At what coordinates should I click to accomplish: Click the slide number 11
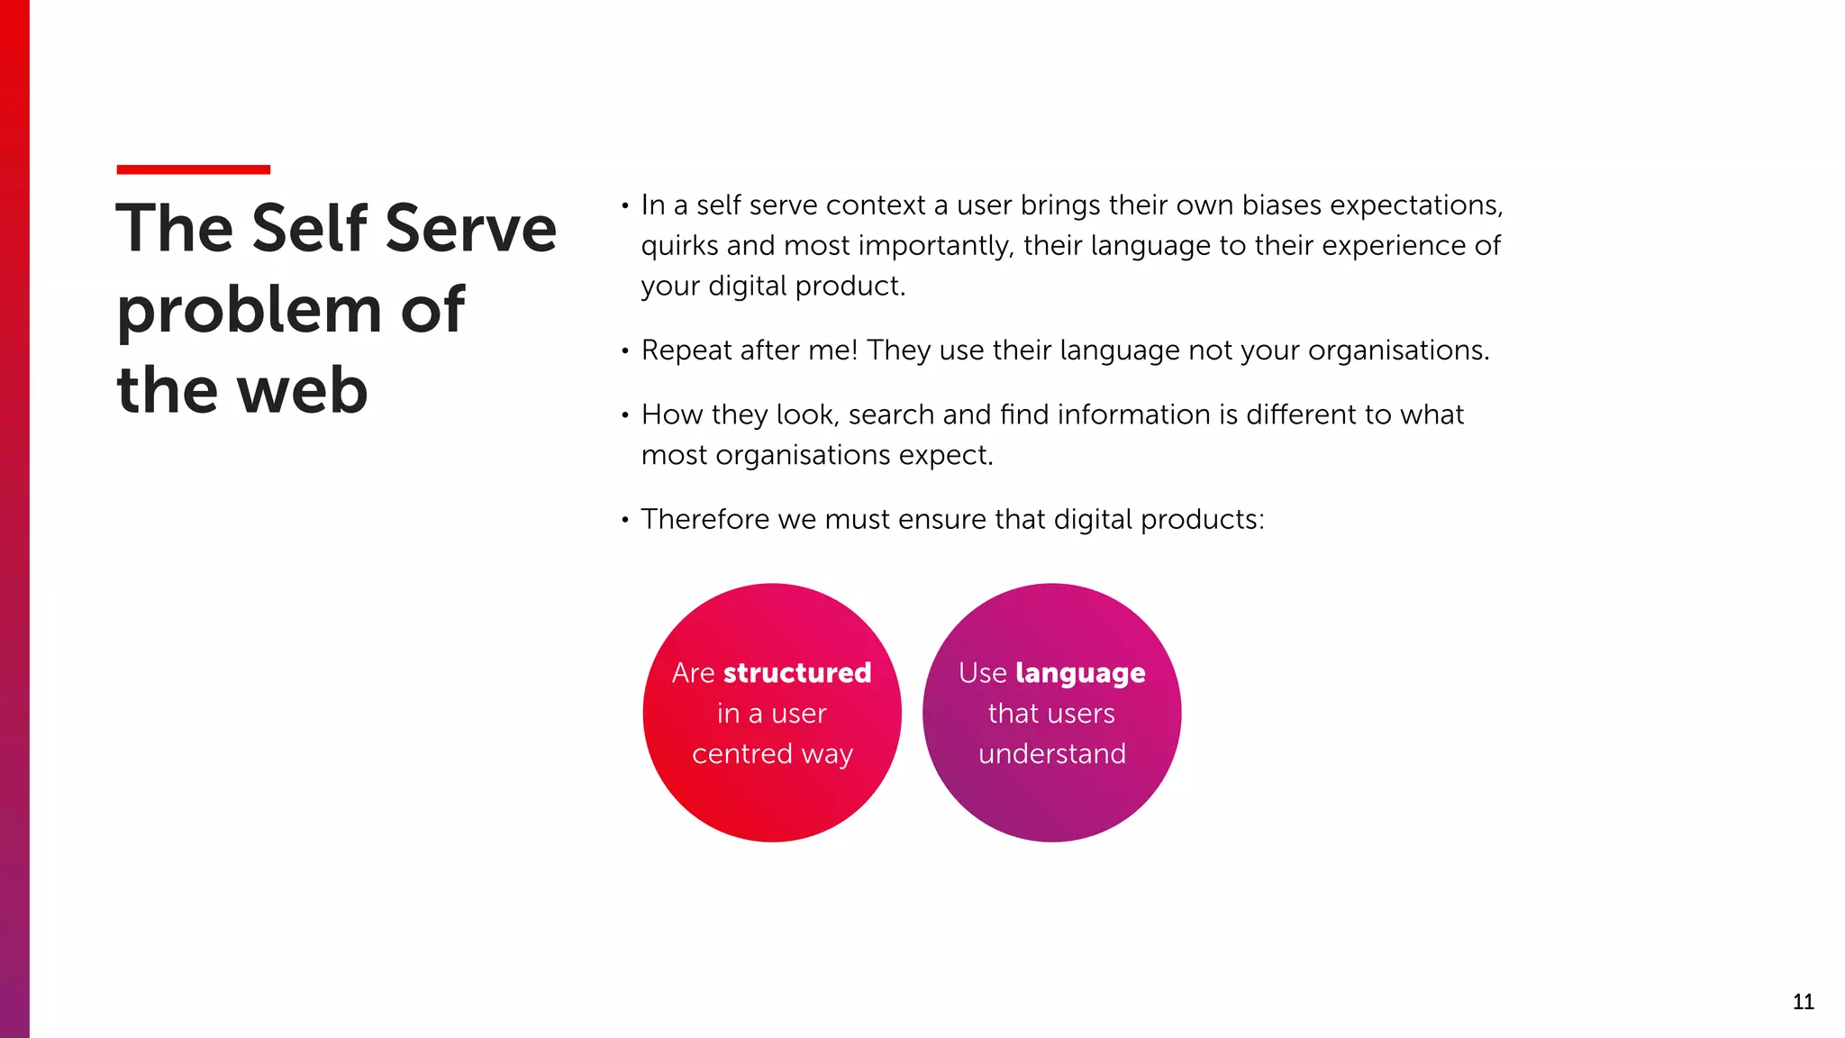pos(1803,1002)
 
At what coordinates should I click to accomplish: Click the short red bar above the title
pos(193,169)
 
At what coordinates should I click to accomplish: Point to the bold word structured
pos(797,673)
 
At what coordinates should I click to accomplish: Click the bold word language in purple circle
pos(1080,673)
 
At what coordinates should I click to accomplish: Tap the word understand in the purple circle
pos(1052,753)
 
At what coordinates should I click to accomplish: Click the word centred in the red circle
pos(742,753)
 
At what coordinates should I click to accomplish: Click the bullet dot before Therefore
pos(624,520)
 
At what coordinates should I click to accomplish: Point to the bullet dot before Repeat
pos(624,351)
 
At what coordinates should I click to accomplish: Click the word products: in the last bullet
pos(1203,520)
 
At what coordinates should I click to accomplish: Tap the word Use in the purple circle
pos(982,673)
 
